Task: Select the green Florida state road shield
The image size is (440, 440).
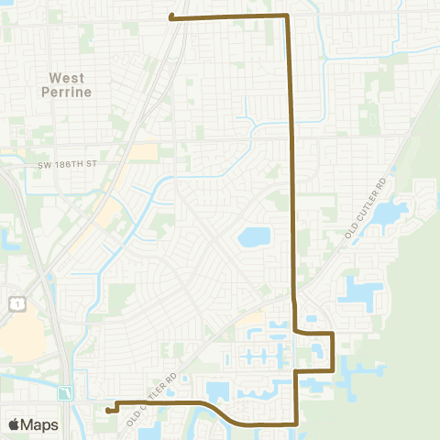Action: [65, 393]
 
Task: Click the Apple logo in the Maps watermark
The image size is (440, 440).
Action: [16, 424]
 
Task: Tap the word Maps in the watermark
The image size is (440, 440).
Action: [42, 424]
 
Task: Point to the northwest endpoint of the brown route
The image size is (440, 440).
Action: [172, 16]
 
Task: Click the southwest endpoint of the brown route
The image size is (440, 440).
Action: [108, 411]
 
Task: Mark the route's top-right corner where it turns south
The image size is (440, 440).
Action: [289, 16]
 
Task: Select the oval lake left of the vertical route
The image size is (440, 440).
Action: [254, 237]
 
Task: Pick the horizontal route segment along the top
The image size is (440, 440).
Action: [229, 16]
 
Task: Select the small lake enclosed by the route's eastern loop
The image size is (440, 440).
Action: [317, 349]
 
